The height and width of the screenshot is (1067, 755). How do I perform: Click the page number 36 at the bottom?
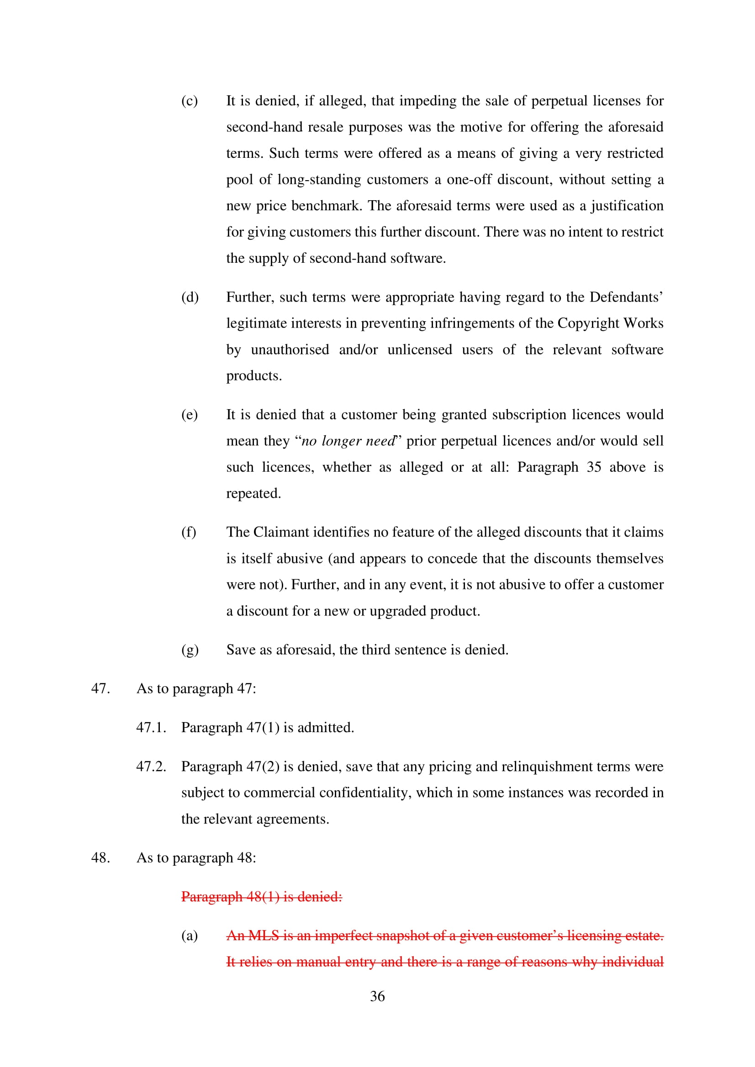(x=377, y=996)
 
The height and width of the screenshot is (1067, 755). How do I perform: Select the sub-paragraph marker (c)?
(x=190, y=101)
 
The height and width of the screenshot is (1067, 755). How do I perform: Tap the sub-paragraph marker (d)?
(x=190, y=297)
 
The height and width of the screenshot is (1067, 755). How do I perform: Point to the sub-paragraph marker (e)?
(x=190, y=415)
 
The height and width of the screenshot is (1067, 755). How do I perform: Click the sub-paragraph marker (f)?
(x=188, y=531)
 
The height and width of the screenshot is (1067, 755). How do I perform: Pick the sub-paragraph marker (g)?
(x=190, y=649)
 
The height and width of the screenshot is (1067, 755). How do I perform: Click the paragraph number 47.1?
(x=151, y=727)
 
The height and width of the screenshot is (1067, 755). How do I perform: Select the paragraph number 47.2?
(x=151, y=766)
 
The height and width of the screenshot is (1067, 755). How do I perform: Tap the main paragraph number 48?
(x=100, y=858)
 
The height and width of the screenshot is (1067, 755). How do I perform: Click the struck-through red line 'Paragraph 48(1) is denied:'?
(x=261, y=896)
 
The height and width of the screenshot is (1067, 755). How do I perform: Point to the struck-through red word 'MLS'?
(x=264, y=936)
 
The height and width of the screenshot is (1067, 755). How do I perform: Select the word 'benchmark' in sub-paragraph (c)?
(x=326, y=205)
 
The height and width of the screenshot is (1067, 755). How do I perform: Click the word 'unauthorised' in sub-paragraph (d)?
(x=290, y=349)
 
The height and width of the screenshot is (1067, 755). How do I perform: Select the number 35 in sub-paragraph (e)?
(x=594, y=467)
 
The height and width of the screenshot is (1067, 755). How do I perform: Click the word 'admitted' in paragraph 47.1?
(x=325, y=727)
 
